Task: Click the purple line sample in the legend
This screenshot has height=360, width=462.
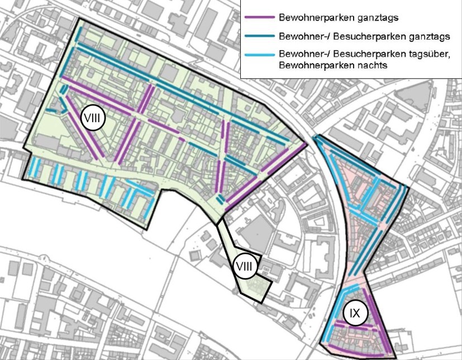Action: [x=260, y=17]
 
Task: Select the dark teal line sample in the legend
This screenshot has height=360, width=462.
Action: [x=260, y=36]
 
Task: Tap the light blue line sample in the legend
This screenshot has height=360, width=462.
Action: [x=260, y=55]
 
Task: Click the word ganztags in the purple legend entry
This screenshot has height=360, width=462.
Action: [x=378, y=17]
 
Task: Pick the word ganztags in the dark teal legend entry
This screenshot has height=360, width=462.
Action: [x=429, y=36]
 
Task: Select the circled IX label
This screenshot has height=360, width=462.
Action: [x=355, y=313]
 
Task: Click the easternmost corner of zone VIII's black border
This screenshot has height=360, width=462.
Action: [x=307, y=142]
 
